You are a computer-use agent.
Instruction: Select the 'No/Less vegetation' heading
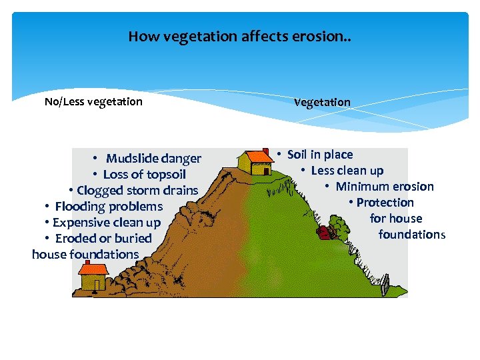click(x=93, y=101)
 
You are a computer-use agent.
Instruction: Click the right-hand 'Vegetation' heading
click(x=322, y=102)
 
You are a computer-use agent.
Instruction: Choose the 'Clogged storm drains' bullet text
click(x=137, y=190)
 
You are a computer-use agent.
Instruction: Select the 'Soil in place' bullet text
click(x=320, y=155)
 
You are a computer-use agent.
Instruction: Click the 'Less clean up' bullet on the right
click(x=347, y=171)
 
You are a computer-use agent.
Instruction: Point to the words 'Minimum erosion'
click(x=385, y=187)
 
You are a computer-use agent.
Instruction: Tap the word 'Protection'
click(x=385, y=203)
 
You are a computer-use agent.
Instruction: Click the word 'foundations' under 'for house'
click(x=411, y=234)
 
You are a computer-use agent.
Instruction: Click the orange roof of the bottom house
click(x=94, y=269)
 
